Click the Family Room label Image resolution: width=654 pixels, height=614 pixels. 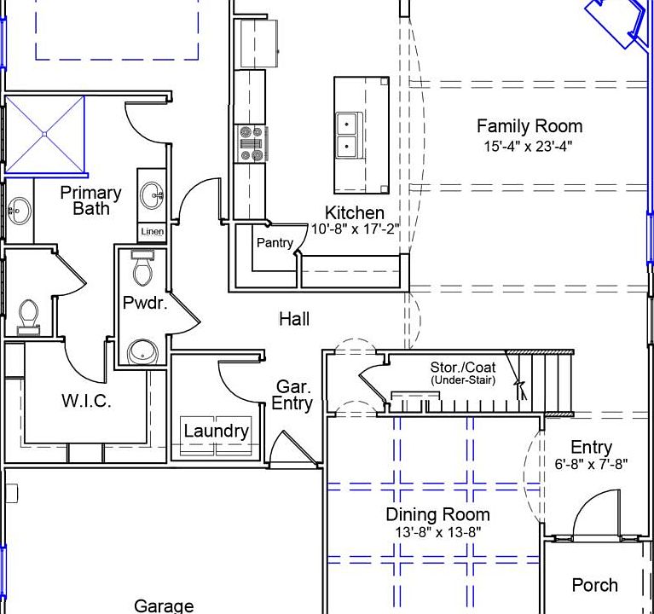tap(530, 126)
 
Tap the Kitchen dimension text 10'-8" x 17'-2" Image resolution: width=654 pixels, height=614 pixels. tap(355, 229)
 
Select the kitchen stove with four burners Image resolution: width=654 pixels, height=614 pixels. tap(251, 143)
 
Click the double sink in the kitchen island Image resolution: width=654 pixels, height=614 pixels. tap(347, 135)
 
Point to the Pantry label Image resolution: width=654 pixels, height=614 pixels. tap(275, 242)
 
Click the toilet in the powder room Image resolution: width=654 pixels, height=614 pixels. tap(142, 268)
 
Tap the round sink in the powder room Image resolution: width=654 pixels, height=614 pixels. tap(142, 351)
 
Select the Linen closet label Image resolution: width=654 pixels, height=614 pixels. tap(153, 231)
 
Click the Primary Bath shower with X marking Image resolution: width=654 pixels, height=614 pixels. tap(44, 135)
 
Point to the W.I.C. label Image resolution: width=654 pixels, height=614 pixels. tap(86, 401)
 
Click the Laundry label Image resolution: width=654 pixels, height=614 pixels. tap(216, 431)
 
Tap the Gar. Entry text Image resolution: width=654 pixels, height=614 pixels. tap(292, 395)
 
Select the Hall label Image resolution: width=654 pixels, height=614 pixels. tap(294, 319)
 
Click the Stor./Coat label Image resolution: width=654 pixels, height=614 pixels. tap(463, 367)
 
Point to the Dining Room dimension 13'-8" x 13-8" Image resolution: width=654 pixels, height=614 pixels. tap(438, 532)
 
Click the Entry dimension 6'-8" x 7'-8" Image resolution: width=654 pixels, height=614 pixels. tap(591, 464)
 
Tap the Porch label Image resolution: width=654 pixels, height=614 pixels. tap(595, 585)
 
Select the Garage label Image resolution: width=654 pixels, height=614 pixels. tap(164, 605)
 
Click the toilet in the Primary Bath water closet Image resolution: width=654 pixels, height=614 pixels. tap(28, 317)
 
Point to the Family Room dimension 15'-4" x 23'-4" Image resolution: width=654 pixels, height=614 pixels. tap(528, 147)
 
